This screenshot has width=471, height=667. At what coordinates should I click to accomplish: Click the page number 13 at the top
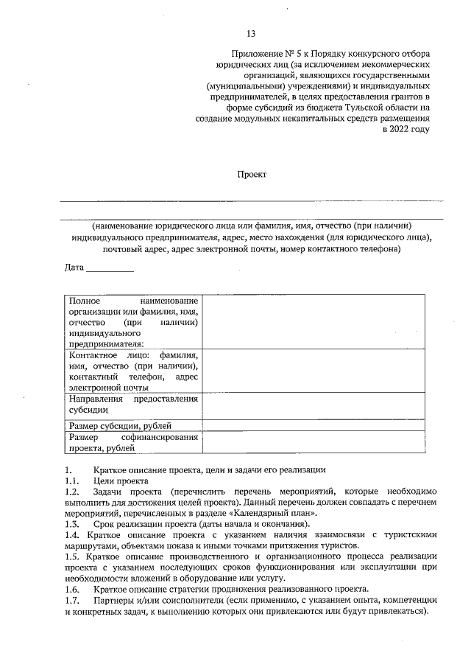click(x=251, y=34)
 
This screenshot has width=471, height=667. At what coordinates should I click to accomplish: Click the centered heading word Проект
click(x=251, y=174)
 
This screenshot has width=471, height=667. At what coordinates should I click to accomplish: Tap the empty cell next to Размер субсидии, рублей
click(x=314, y=425)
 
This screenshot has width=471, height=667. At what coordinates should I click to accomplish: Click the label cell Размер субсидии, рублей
click(x=120, y=426)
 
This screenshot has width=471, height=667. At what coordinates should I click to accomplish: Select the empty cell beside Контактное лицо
click(x=314, y=371)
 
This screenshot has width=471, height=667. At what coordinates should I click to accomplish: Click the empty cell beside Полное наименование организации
click(x=314, y=321)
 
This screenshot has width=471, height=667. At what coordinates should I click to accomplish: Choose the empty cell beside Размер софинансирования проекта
click(x=314, y=442)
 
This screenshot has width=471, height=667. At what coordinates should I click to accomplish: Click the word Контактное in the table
click(x=93, y=355)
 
